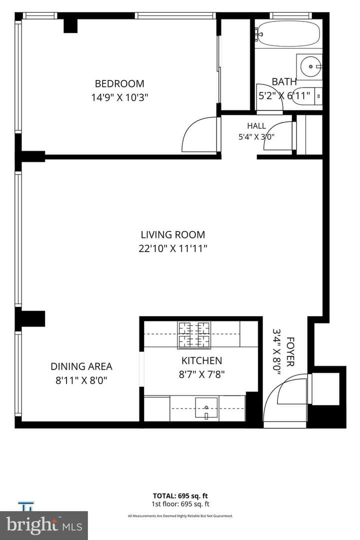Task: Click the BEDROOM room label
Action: (x=119, y=83)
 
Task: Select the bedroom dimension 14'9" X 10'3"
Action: (x=119, y=97)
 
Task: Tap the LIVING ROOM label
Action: (x=173, y=235)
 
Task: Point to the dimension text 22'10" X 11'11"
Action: (x=173, y=248)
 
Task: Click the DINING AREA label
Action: (x=81, y=366)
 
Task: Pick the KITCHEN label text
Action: (x=202, y=361)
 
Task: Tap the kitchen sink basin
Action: (x=206, y=408)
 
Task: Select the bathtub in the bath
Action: (x=288, y=33)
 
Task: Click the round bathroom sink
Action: (x=310, y=66)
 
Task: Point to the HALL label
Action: (x=256, y=126)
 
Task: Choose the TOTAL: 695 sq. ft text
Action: (x=180, y=496)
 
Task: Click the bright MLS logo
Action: (x=44, y=525)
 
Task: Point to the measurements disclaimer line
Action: (x=180, y=516)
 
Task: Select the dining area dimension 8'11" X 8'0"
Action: (x=81, y=380)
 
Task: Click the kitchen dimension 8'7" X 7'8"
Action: (x=202, y=374)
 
